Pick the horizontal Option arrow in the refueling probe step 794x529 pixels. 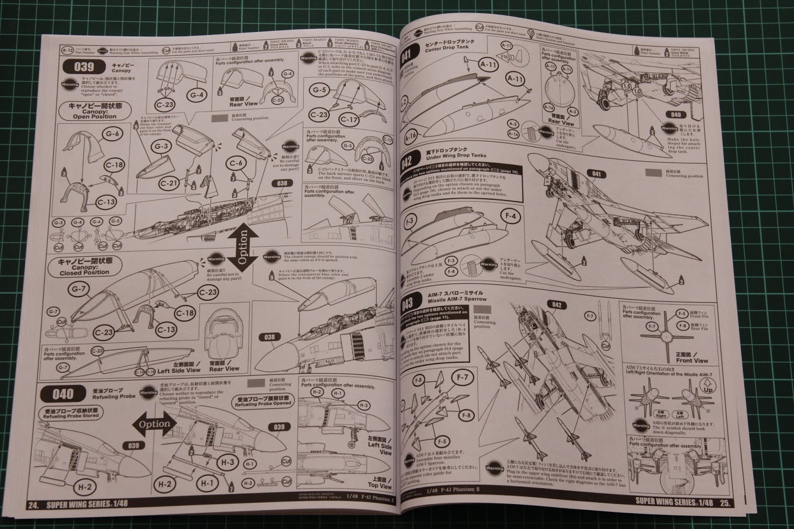pos(154,425)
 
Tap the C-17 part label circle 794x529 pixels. pos(349,119)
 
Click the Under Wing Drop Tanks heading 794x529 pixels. pos(449,157)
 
